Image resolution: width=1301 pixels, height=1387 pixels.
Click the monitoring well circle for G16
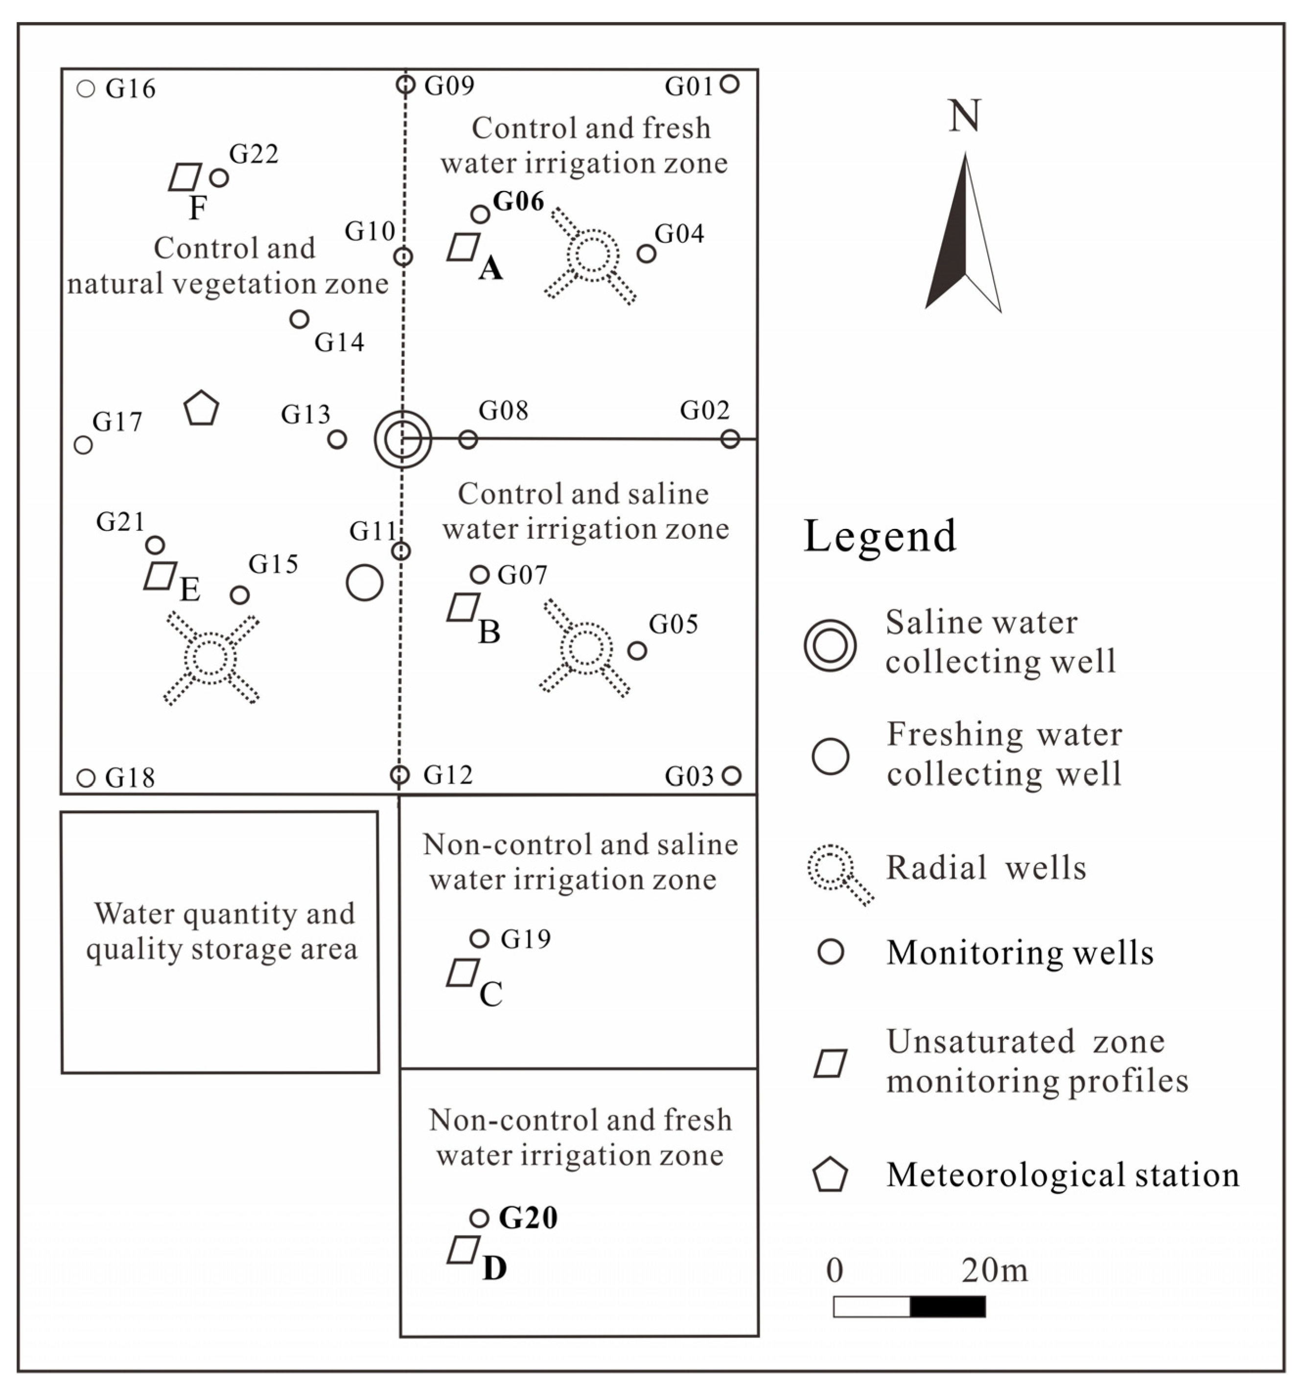[86, 89]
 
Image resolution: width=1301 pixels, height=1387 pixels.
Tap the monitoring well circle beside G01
[729, 84]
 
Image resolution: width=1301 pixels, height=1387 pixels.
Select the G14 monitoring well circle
[299, 319]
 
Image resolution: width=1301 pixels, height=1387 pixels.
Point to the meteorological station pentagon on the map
[202, 409]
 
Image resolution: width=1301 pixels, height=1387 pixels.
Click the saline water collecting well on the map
[402, 439]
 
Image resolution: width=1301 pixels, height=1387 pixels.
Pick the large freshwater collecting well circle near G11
[364, 582]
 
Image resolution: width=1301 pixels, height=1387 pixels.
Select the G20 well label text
[528, 1218]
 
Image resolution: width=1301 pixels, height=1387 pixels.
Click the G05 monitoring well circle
[637, 650]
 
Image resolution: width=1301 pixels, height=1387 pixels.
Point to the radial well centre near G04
[593, 255]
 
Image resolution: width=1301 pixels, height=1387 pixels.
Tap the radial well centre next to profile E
[210, 657]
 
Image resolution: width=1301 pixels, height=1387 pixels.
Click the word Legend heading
[880, 536]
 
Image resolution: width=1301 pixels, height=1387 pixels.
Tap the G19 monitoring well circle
[479, 938]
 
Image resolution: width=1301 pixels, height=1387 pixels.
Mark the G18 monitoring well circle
[86, 777]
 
